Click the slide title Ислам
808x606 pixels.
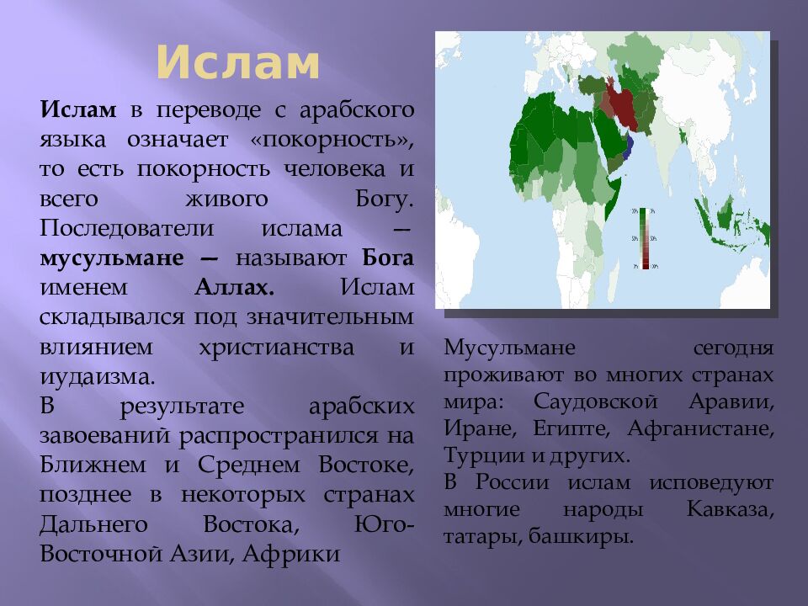(238, 64)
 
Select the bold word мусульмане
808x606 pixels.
(111, 258)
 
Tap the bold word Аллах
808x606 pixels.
(234, 287)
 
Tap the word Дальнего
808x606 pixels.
(93, 524)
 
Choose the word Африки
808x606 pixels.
(294, 554)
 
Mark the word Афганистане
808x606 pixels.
(699, 428)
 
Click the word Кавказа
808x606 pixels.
(730, 509)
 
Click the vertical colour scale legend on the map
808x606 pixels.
(645, 238)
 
